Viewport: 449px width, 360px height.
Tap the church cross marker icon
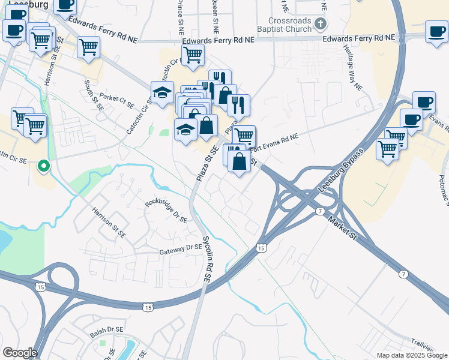[321, 24]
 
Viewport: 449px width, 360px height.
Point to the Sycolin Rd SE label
[211, 251]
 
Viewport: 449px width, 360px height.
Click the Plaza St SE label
[206, 162]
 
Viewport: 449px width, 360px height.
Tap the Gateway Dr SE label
[179, 248]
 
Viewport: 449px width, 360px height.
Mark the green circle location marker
[43, 165]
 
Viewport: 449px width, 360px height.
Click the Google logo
[19, 353]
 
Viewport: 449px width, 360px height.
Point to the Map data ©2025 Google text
[412, 355]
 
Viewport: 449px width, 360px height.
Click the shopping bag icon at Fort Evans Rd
[239, 161]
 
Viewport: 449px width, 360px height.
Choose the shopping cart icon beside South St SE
[88, 47]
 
